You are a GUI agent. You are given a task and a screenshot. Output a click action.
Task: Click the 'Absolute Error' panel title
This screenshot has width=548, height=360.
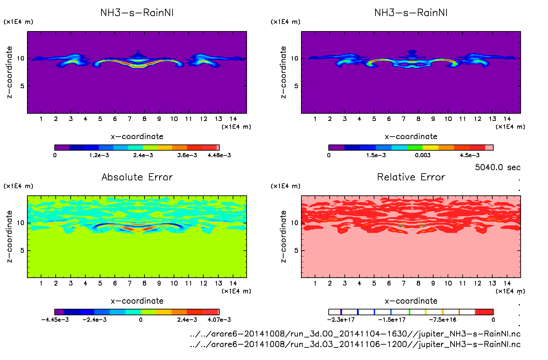(x=137, y=177)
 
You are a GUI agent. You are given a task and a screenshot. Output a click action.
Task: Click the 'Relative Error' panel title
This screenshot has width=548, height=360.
(x=411, y=177)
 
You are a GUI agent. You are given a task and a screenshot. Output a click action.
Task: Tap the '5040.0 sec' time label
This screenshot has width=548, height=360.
(x=497, y=167)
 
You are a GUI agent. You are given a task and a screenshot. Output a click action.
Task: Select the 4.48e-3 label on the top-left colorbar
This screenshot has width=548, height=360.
(x=219, y=155)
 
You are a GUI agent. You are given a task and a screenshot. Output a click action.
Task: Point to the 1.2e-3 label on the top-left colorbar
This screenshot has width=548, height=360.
(x=99, y=155)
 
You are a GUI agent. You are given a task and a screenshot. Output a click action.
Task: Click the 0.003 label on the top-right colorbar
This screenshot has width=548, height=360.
(x=423, y=155)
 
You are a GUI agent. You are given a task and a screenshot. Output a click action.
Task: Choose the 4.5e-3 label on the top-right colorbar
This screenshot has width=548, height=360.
(x=469, y=155)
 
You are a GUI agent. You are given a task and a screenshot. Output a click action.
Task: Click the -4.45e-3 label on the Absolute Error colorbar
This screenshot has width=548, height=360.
(x=55, y=320)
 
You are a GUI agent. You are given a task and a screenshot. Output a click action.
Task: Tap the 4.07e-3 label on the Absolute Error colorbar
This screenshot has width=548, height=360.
(x=219, y=320)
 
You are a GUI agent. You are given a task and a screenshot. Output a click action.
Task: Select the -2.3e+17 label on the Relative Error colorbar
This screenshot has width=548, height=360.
(x=341, y=320)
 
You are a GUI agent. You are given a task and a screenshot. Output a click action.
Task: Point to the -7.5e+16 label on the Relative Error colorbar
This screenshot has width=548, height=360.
(x=442, y=320)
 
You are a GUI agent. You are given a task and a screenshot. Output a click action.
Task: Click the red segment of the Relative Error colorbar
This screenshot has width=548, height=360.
(x=484, y=312)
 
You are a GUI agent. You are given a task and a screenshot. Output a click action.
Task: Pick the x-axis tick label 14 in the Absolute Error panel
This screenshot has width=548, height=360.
(x=233, y=283)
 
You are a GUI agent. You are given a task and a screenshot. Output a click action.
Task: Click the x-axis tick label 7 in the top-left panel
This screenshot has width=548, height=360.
(x=129, y=119)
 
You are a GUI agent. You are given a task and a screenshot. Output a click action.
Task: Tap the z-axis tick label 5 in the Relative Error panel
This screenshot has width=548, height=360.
(x=296, y=251)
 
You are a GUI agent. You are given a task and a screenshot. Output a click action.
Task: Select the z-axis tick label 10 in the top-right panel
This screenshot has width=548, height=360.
(x=294, y=58)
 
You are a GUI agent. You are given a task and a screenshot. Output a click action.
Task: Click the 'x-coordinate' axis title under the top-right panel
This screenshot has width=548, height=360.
(x=411, y=137)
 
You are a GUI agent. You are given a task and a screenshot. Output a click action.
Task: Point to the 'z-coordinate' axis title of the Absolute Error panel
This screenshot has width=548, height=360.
(x=10, y=236)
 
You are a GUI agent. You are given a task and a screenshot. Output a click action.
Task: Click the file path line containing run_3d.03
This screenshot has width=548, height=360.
(x=355, y=344)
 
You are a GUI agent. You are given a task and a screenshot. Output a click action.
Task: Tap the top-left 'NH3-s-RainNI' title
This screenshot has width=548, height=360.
(x=137, y=13)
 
